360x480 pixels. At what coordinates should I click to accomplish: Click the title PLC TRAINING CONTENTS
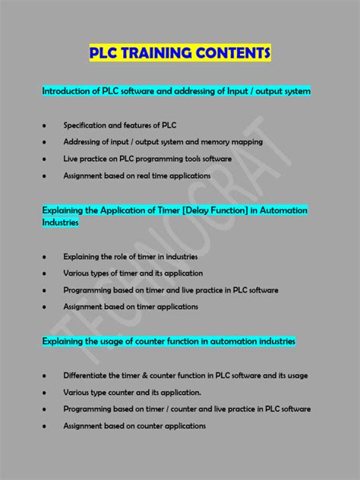click(179, 53)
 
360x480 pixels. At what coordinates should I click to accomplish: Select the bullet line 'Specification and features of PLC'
click(120, 125)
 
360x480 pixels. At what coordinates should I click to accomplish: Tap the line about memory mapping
click(163, 141)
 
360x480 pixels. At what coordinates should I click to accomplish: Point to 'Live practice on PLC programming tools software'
click(147, 159)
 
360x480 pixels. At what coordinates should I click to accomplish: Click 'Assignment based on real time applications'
click(137, 175)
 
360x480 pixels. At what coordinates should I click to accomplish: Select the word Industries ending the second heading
click(61, 223)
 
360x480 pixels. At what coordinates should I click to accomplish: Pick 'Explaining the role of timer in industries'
click(130, 256)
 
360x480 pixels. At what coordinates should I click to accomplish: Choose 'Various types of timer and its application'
click(133, 273)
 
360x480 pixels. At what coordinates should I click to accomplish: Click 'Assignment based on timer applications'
click(131, 307)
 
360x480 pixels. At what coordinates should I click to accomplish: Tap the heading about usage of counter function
click(169, 342)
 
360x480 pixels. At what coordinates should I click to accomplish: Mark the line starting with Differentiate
click(185, 375)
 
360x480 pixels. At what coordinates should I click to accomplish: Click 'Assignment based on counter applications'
click(134, 426)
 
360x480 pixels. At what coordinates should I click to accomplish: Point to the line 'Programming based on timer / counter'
click(187, 409)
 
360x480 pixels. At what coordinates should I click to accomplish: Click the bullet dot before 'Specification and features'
click(46, 125)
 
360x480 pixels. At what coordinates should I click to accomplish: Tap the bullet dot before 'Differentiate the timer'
click(46, 376)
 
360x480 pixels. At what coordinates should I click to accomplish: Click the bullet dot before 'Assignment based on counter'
click(46, 427)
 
